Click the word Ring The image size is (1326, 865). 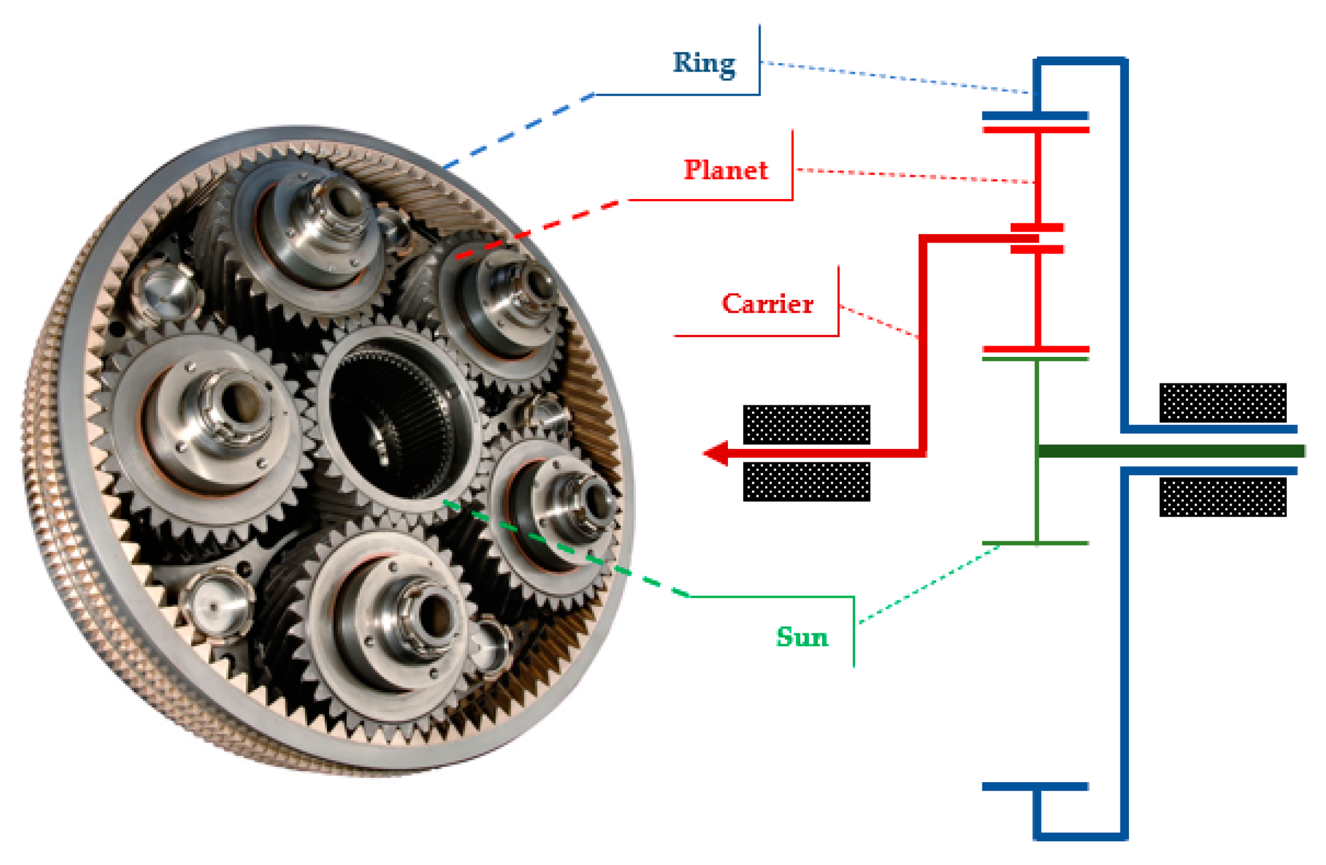coord(704,64)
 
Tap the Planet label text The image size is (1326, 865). coord(726,170)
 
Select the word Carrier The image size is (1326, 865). coord(768,304)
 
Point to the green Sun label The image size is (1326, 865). coord(802,637)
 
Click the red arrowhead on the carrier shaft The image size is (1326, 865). coord(715,454)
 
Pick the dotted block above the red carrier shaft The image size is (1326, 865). coord(806,425)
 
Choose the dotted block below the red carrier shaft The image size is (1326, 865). coord(806,482)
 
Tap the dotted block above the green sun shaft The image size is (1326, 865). coord(1223,403)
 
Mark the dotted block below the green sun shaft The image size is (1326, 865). coord(1223,497)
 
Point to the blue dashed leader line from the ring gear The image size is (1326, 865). coord(518,131)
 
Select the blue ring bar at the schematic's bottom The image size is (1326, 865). coord(1035,787)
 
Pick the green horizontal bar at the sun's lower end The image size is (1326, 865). coord(1035,543)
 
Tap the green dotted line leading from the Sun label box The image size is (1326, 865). coord(930,584)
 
